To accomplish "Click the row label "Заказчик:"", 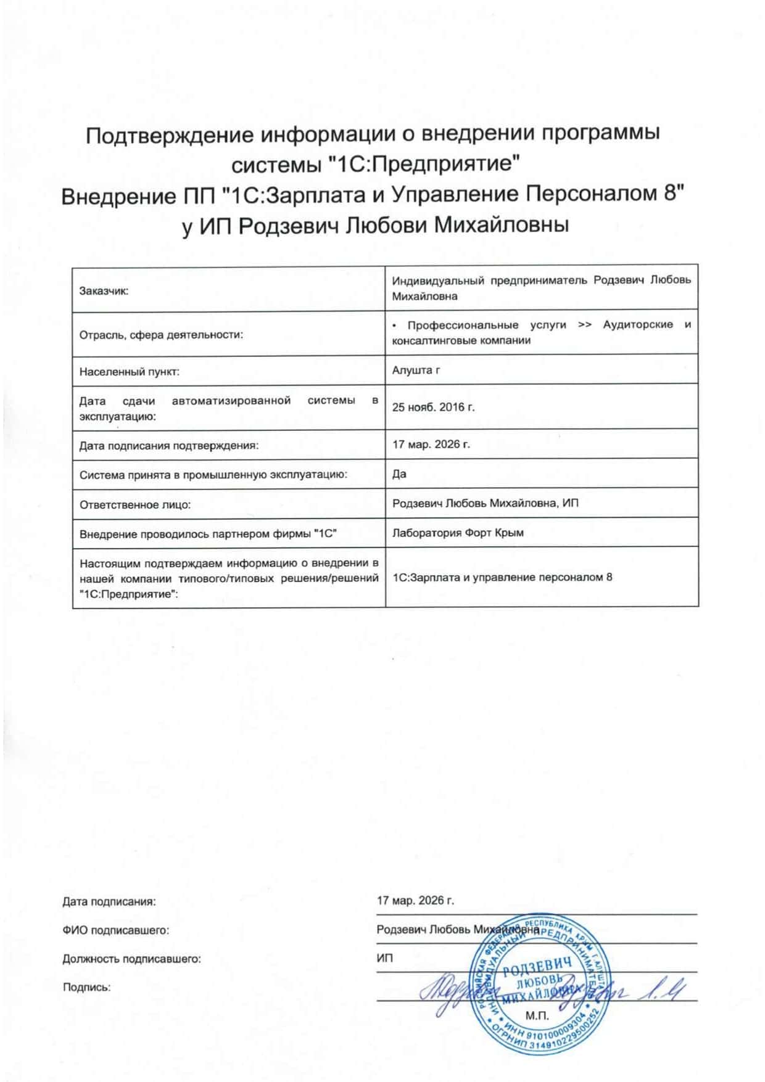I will point(104,291).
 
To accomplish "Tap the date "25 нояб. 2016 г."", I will point(433,407).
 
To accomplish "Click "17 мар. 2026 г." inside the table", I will point(431,444).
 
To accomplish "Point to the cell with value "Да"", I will point(399,473).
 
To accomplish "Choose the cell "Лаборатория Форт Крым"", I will point(458,533).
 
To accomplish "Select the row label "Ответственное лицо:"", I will point(135,505).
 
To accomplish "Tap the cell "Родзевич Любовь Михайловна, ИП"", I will point(485,503).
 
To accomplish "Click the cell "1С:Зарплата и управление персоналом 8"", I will point(502,577).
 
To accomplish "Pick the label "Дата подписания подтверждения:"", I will point(168,446).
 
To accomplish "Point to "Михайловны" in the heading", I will point(502,226).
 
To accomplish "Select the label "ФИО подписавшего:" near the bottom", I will point(115,930).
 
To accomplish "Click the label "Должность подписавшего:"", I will point(131,959).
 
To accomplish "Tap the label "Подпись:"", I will point(86,988).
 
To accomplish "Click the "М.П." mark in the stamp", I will point(537,1015).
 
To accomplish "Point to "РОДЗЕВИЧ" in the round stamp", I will point(537,967).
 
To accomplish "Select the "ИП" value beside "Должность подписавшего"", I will point(384,958).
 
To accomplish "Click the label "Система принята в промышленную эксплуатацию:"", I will point(213,475).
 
